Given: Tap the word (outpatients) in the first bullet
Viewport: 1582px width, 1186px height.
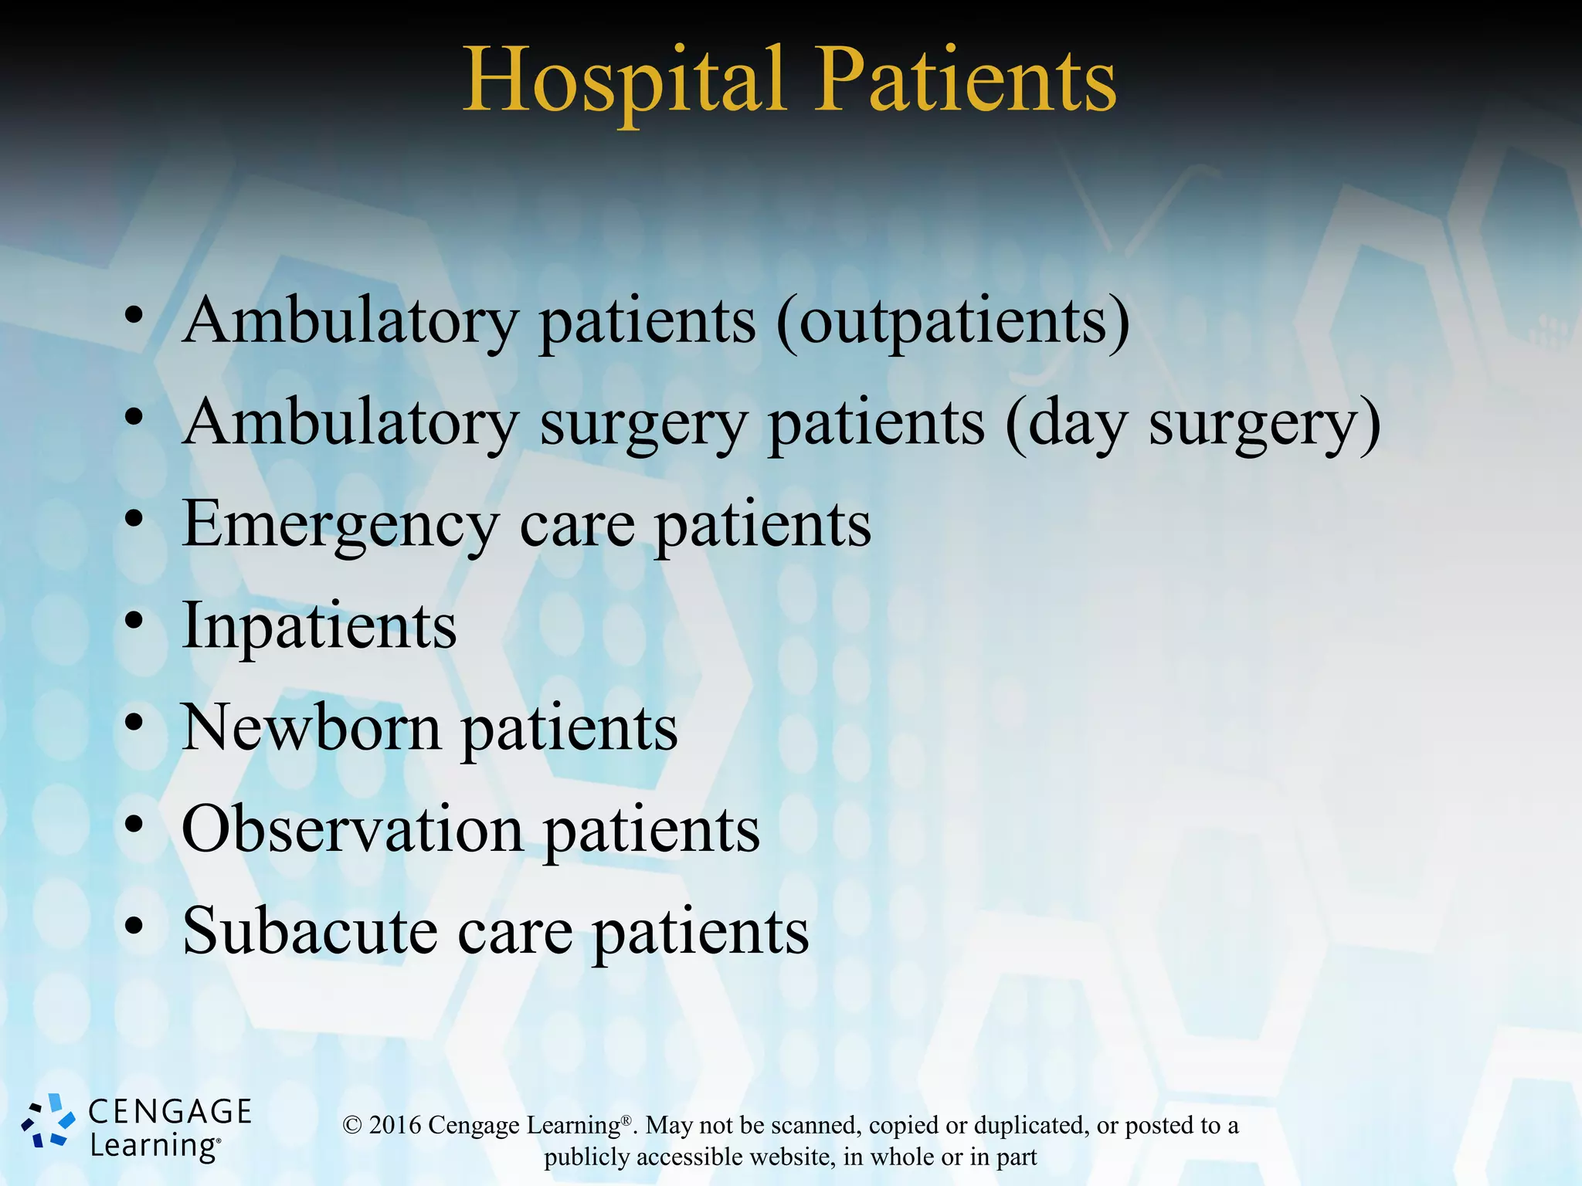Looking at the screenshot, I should point(953,321).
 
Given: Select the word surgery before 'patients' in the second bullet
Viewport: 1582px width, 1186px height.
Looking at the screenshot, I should point(643,425).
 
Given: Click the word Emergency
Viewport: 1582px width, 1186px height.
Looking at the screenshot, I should point(340,525).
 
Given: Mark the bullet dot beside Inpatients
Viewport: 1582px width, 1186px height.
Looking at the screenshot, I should point(134,620).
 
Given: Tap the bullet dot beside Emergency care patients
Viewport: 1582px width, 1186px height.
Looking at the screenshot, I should point(134,518).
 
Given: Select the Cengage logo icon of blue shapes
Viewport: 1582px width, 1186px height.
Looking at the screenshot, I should point(48,1121).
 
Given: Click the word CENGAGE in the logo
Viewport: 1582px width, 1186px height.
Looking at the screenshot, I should point(170,1112).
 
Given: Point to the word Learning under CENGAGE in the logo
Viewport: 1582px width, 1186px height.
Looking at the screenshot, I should point(154,1146).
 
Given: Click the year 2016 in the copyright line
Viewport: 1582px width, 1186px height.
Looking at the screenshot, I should point(395,1125).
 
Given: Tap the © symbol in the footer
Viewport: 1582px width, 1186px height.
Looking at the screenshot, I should point(352,1126).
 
